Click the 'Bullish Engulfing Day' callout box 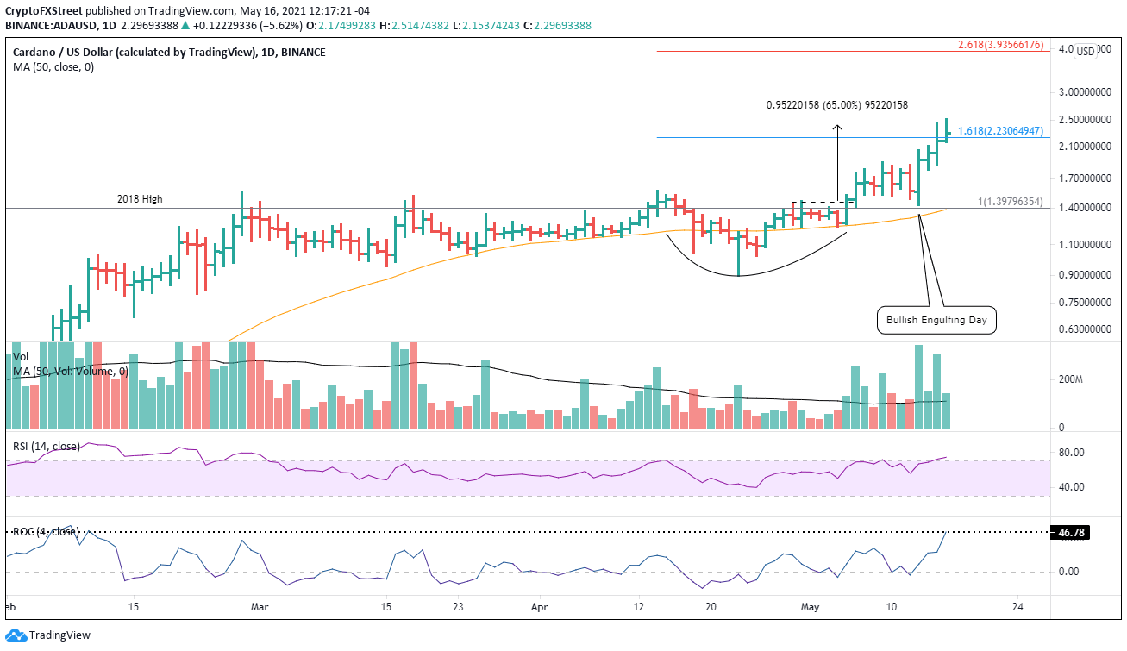(936, 321)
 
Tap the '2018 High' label (140, 199)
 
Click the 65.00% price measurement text (836, 105)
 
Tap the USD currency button (1085, 51)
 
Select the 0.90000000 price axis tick (1084, 275)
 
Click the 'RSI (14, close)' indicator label (45, 446)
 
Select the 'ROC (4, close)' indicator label (45, 532)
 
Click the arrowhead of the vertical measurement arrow (836, 128)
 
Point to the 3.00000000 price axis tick (1084, 91)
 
